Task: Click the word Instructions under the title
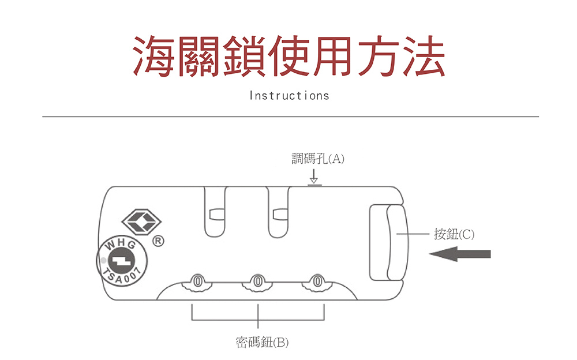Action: (288, 95)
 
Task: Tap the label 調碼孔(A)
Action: (317, 159)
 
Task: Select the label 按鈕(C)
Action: (454, 234)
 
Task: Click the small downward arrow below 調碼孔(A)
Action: (313, 175)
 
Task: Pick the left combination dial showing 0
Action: (197, 281)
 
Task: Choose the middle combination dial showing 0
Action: (257, 281)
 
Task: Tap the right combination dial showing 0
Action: (317, 281)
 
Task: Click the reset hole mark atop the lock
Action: (314, 185)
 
